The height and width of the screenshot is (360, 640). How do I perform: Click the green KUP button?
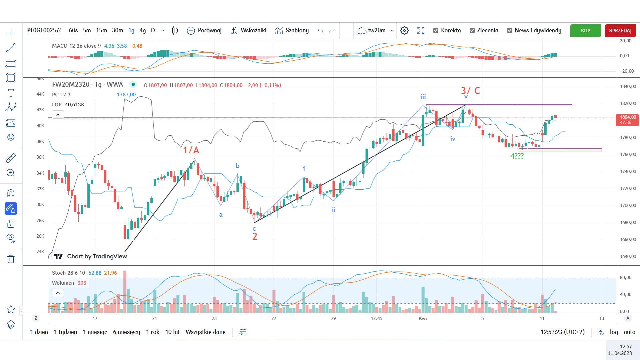585,31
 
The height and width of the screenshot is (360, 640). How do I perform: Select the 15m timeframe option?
101,30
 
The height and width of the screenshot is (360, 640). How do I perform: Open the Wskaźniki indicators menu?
249,30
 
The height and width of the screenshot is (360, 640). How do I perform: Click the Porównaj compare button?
204,30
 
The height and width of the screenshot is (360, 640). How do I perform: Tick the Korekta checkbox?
436,31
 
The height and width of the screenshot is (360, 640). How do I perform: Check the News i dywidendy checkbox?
510,31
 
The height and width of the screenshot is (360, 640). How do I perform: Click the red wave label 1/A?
191,150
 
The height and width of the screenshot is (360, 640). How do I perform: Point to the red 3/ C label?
470,91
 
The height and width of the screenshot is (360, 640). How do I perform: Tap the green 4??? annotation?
517,156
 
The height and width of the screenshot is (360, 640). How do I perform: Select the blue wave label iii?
423,97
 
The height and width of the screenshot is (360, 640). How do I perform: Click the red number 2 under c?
255,236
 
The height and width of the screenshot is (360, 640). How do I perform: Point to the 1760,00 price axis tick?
628,154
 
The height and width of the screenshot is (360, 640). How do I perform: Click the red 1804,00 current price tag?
627,120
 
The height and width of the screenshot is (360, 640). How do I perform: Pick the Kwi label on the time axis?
423,318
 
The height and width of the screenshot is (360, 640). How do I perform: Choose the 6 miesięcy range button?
126,332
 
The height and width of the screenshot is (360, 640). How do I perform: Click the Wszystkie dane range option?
205,332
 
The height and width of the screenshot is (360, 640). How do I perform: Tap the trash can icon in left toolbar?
11,259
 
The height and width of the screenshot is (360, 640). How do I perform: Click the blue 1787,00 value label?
126,95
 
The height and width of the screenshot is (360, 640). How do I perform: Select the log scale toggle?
614,332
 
